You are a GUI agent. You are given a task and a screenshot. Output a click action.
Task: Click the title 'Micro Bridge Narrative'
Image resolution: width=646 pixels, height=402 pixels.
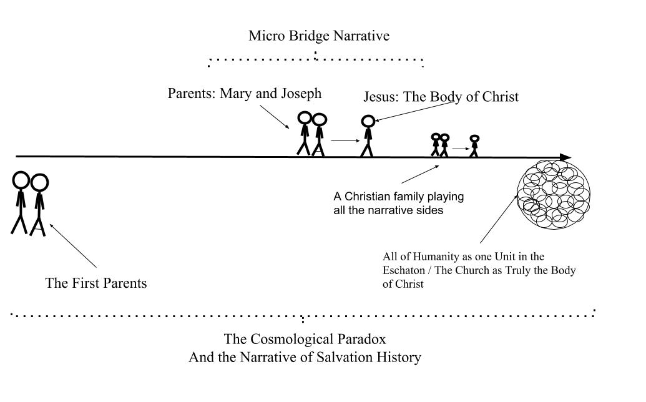pyautogui.click(x=319, y=36)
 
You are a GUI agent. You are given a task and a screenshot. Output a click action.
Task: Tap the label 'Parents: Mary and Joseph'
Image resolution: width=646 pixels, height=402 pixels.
pyautogui.click(x=244, y=94)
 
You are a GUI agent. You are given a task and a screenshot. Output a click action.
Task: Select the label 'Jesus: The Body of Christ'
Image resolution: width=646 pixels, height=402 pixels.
pyautogui.click(x=441, y=97)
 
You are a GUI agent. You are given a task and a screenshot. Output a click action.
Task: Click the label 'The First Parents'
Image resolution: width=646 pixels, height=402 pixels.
pyautogui.click(x=96, y=283)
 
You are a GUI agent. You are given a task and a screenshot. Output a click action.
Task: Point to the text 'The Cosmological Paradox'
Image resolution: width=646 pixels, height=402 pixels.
pyautogui.click(x=305, y=339)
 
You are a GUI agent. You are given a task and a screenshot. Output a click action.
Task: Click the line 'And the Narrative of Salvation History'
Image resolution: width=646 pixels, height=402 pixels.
pyautogui.click(x=305, y=357)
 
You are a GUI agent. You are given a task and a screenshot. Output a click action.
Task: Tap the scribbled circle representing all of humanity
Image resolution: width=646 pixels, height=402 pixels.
pyautogui.click(x=554, y=194)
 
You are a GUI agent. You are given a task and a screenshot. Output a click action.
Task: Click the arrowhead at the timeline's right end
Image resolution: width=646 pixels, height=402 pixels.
pyautogui.click(x=565, y=157)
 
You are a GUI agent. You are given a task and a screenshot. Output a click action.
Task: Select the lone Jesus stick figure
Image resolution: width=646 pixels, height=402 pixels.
pyautogui.click(x=368, y=136)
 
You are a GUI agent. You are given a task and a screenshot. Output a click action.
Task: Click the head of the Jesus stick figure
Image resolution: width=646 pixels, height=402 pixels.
pyautogui.click(x=368, y=121)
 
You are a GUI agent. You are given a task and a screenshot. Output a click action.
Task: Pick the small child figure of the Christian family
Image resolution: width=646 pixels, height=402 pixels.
pyautogui.click(x=474, y=146)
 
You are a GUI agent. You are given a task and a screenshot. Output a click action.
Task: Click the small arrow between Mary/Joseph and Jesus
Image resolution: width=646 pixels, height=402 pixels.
pyautogui.click(x=345, y=141)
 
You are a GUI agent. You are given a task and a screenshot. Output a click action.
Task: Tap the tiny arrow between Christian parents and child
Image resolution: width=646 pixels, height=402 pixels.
pyautogui.click(x=461, y=149)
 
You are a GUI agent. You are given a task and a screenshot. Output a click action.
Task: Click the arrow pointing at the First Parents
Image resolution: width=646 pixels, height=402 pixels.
pyautogui.click(x=73, y=245)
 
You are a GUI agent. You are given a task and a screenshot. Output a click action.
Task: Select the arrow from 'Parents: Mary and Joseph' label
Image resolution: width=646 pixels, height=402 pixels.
pyautogui.click(x=275, y=117)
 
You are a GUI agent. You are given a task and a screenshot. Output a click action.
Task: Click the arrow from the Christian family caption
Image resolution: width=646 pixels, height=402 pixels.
pyautogui.click(x=420, y=174)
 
